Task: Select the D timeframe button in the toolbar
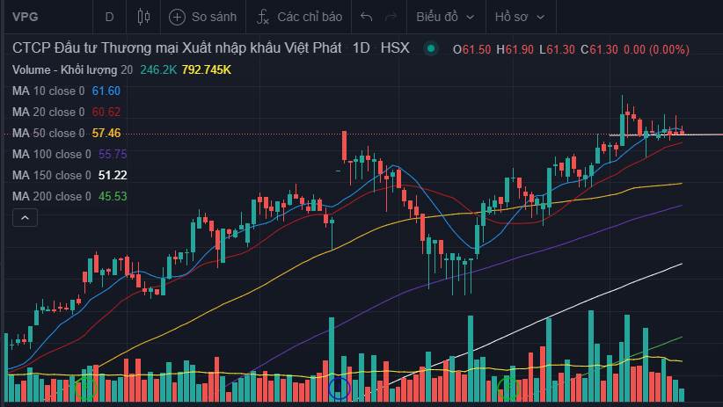109,17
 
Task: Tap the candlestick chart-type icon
144,17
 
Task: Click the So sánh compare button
203,17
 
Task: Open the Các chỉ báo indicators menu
299,17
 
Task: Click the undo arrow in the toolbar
367,17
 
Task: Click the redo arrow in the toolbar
391,17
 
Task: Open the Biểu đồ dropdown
444,17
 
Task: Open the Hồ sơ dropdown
519,17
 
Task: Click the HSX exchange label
395,48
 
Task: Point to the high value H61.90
515,49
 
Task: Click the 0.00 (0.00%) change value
656,49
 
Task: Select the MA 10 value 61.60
106,91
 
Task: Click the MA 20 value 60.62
106,112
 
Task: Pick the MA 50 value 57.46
106,133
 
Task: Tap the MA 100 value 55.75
109,154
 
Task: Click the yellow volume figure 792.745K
206,69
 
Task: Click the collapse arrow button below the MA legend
26,217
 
